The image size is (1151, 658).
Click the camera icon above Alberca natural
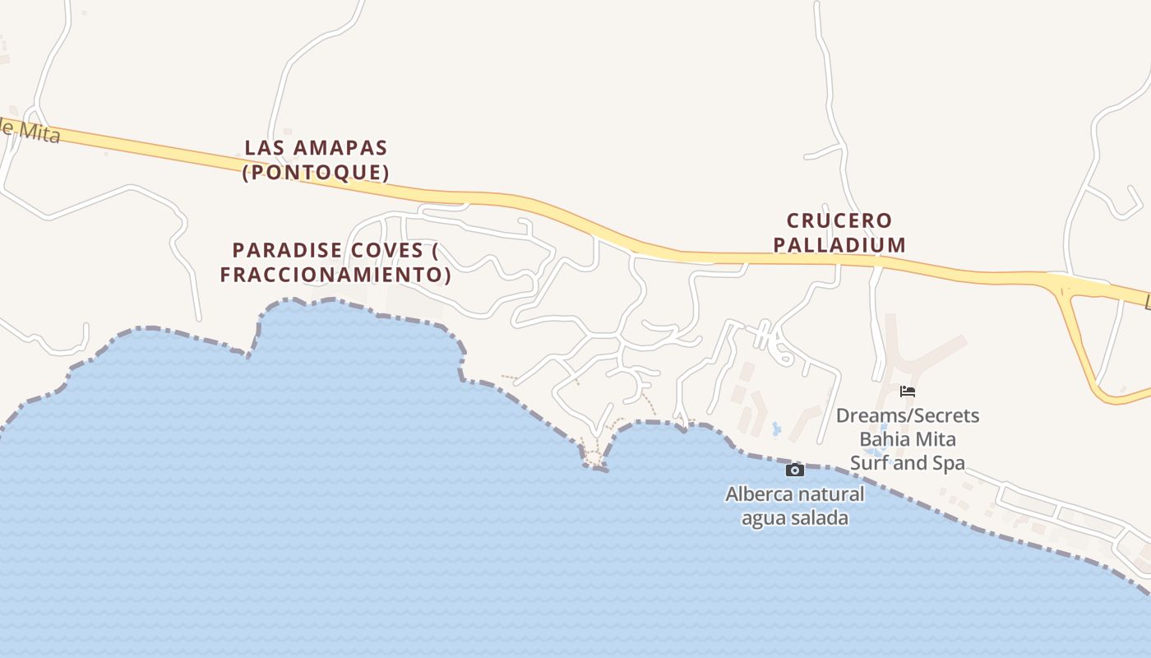[x=794, y=470]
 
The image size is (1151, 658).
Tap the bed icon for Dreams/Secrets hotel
[x=908, y=392]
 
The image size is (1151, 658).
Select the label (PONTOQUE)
[x=316, y=173]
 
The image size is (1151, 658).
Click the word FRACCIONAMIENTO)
[x=335, y=275]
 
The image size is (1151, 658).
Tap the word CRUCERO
[x=839, y=220]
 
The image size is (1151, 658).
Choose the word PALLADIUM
[x=839, y=245]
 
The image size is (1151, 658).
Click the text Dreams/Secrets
[x=908, y=415]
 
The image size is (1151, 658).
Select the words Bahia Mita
[x=908, y=439]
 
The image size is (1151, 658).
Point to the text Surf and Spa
[x=908, y=463]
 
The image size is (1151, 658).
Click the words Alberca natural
[x=794, y=494]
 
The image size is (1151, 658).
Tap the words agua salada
[x=794, y=518]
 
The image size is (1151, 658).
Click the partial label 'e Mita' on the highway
[x=30, y=132]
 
